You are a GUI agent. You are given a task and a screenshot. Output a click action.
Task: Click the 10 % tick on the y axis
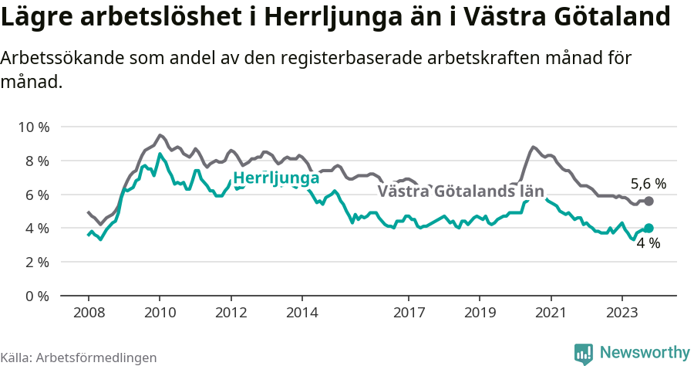33,127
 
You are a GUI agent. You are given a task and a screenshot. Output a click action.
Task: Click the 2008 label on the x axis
88,313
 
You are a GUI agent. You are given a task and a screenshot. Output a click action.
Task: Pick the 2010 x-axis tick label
160,313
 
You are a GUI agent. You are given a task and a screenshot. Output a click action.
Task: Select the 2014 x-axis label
302,313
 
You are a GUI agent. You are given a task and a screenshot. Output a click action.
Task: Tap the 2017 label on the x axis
409,313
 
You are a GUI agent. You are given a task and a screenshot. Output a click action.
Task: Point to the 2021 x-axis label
551,313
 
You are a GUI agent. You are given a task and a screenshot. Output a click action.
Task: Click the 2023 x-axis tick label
622,313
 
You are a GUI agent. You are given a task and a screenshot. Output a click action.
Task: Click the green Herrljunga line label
276,178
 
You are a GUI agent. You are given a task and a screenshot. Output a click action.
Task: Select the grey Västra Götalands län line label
460,191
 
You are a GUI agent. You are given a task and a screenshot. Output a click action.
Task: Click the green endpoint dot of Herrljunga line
649,228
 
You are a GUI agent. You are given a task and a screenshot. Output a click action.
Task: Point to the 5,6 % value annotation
649,184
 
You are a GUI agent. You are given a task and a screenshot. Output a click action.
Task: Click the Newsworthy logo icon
584,353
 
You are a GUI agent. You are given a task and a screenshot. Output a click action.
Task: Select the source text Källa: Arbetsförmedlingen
79,358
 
